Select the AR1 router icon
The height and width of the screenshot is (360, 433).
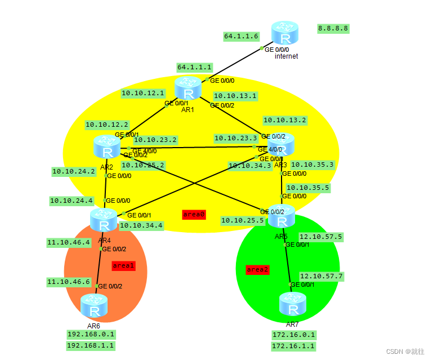(188, 89)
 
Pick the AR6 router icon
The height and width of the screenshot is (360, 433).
(93, 306)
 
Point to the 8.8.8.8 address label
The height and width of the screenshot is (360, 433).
(333, 28)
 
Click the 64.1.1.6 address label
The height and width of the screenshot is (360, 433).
(241, 36)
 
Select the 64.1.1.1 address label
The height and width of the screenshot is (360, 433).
(194, 67)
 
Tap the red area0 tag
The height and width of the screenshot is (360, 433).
(194, 215)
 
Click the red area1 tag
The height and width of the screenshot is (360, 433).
(123, 265)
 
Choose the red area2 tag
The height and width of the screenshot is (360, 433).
(257, 269)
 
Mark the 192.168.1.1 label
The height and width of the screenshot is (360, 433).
(91, 345)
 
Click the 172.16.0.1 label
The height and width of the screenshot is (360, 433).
(293, 335)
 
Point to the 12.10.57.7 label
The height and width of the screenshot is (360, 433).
(321, 277)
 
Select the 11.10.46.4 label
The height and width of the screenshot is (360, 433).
(69, 243)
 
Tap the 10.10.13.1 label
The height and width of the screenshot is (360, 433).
(235, 96)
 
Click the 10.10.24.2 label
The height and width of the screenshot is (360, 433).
(73, 171)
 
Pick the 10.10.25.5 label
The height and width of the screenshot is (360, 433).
(242, 220)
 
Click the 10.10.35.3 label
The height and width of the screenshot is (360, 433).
(313, 165)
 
